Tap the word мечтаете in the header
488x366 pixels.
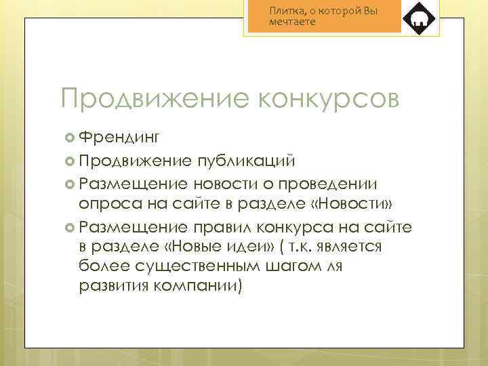pyautogui.click(x=292, y=22)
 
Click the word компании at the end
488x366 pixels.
pyautogui.click(x=201, y=287)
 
